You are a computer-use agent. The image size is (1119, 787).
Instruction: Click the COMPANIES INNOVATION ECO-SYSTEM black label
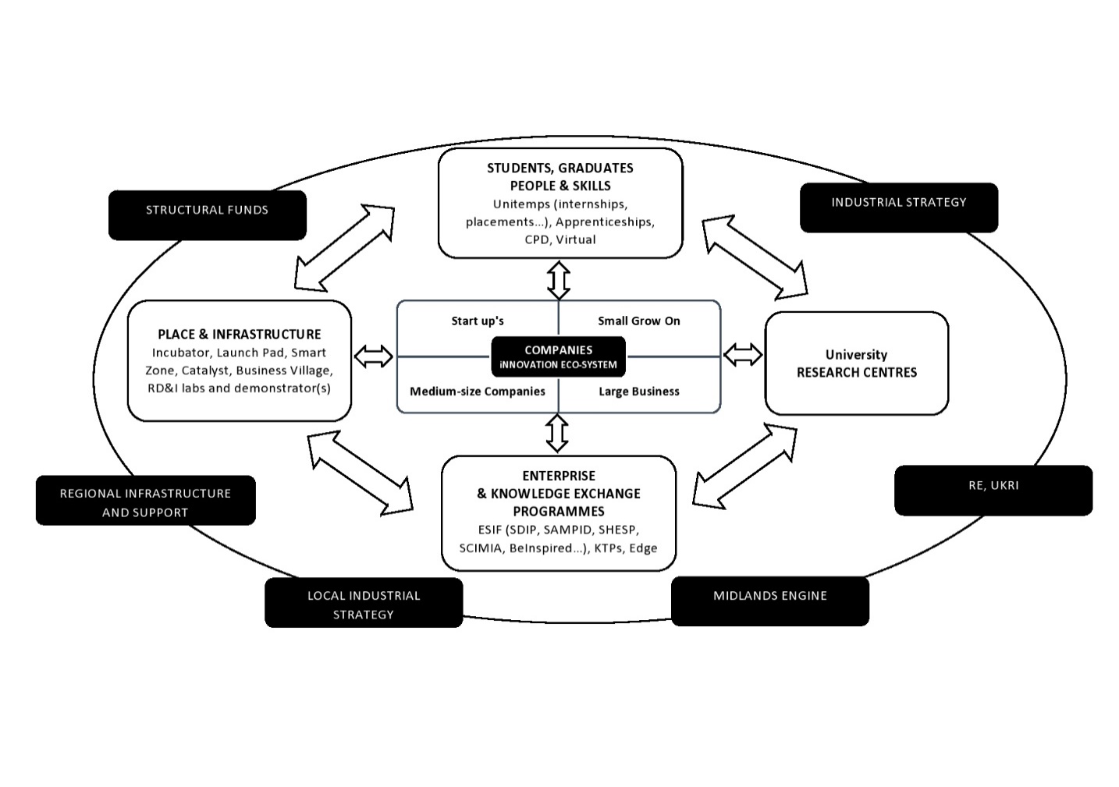pos(558,357)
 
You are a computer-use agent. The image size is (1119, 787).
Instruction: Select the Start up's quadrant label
pos(478,321)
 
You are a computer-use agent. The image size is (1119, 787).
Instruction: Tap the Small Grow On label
pos(639,321)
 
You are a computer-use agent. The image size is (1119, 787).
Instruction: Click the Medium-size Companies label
pos(478,392)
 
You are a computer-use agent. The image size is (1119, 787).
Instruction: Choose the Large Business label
pos(639,392)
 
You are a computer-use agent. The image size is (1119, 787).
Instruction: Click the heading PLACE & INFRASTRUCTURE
pos(240,335)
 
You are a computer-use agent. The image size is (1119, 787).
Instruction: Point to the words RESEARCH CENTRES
pos(857,373)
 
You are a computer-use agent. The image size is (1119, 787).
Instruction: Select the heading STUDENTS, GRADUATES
pos(560,168)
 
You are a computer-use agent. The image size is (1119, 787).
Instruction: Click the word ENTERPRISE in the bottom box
pos(559,476)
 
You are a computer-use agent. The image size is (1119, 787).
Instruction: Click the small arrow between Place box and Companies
pos(374,356)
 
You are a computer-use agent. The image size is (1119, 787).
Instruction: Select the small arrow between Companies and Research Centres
pos(743,355)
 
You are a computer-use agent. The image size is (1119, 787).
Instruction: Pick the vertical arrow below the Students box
pos(558,279)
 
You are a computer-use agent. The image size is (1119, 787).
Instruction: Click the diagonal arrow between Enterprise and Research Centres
pos(744,466)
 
